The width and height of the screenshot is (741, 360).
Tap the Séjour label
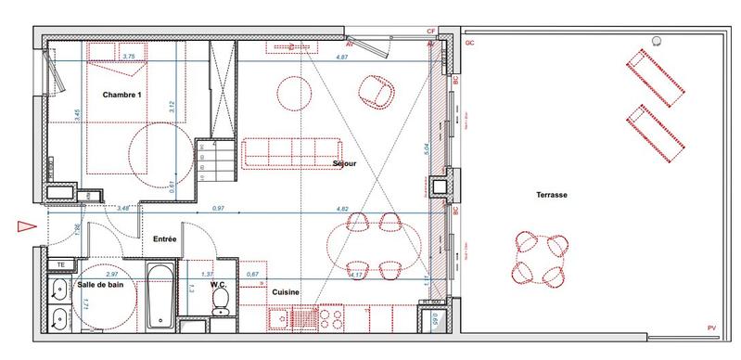[x=345, y=164]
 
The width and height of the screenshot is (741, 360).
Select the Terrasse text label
[x=551, y=195]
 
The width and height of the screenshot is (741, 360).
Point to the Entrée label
[x=165, y=239]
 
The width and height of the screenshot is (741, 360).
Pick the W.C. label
[x=219, y=286]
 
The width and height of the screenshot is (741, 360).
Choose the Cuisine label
[x=285, y=292]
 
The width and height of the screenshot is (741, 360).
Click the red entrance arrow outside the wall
[x=24, y=225]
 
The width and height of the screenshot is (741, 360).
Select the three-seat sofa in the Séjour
[x=291, y=153]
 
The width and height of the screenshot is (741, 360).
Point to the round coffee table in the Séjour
[x=295, y=93]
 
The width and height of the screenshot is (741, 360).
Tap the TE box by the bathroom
[x=58, y=265]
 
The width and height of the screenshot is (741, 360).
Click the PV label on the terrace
[x=711, y=328]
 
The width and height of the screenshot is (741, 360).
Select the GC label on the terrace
[x=469, y=43]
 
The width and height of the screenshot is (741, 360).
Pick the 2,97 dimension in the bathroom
[x=111, y=276]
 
